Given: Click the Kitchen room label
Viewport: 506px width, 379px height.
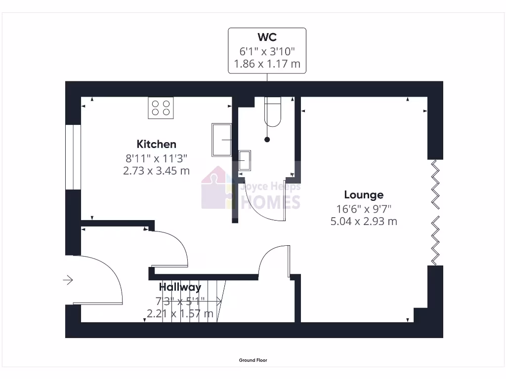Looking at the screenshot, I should (156, 144).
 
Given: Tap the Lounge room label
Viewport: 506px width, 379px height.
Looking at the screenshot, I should (364, 194).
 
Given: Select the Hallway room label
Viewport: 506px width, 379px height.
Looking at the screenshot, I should (180, 287).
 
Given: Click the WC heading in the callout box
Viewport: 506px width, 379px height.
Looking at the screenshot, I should (267, 38).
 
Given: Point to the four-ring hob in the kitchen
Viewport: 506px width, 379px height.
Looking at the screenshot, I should (161, 108).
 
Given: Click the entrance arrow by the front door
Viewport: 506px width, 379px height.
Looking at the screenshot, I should (68, 280).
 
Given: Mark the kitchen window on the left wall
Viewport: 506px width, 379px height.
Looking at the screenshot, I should (73, 157).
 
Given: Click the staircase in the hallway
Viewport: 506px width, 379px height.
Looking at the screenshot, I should (195, 301).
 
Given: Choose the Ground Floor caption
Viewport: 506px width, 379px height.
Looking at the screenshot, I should (253, 360).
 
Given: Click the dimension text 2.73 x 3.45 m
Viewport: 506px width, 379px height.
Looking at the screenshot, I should (156, 171).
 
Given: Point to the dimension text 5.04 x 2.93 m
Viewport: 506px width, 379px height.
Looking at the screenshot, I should (364, 221).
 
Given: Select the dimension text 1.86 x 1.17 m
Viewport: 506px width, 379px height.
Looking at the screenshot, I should (267, 64).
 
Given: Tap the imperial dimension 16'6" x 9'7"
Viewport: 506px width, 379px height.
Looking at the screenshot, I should (364, 208).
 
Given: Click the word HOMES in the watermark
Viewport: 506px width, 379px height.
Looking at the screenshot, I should (270, 202).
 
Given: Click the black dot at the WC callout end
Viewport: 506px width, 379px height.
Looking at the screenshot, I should (267, 140).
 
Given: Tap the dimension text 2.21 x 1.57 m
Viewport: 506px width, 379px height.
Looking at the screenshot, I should (180, 313).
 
